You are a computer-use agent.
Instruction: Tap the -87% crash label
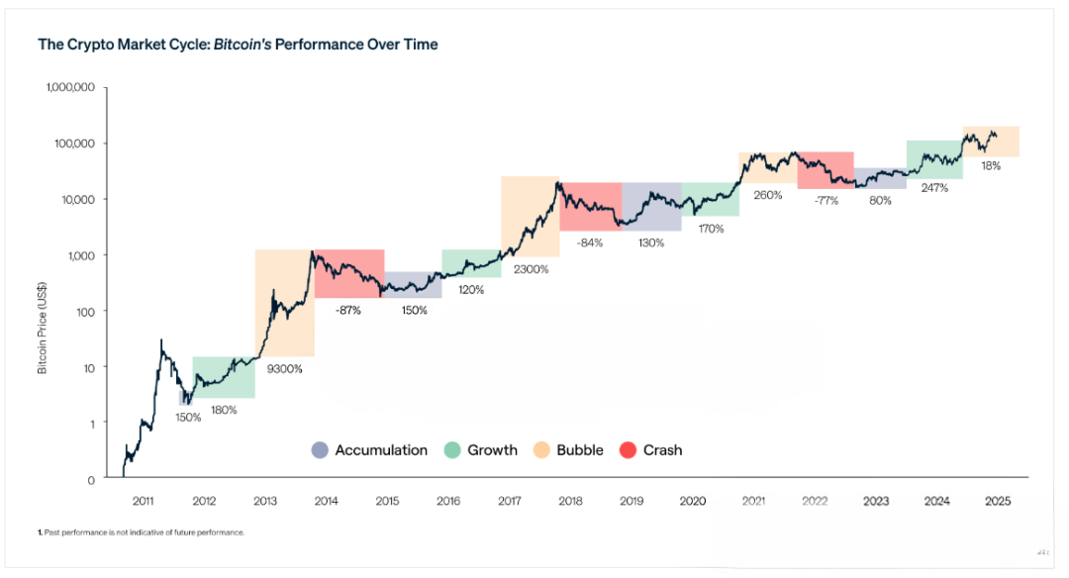click(347, 310)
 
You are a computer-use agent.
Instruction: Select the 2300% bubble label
click(531, 269)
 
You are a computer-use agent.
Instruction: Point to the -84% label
click(590, 243)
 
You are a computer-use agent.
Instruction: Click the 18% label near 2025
click(991, 166)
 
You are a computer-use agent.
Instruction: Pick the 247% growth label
click(934, 187)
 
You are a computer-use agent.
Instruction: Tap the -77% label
click(826, 200)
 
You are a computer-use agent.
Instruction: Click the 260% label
click(767, 195)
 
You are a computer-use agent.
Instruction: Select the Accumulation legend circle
click(319, 450)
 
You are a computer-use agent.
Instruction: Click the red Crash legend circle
click(627, 450)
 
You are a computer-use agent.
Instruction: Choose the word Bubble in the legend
click(580, 450)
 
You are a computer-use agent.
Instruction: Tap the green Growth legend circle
click(451, 450)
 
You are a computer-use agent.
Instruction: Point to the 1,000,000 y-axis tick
click(70, 87)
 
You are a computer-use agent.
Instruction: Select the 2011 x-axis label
click(143, 501)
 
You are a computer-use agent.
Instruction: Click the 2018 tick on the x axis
click(571, 501)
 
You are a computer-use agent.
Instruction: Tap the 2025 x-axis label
click(998, 501)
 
